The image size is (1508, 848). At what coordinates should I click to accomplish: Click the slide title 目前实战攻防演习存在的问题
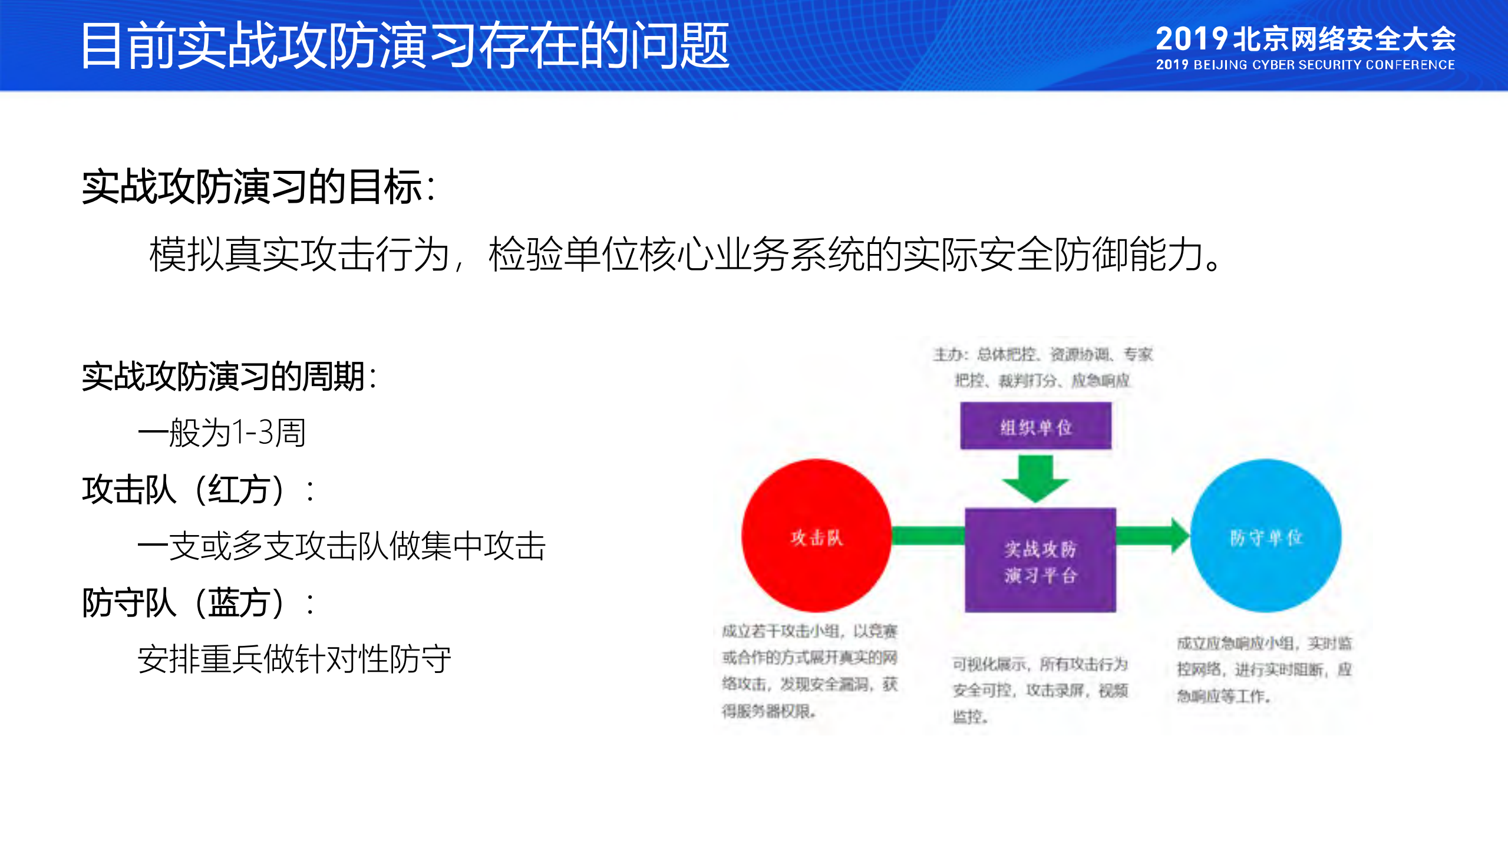tap(405, 45)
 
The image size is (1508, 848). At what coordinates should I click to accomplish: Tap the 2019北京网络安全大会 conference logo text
tap(1305, 39)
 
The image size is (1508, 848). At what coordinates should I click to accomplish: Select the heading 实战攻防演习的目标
tap(258, 187)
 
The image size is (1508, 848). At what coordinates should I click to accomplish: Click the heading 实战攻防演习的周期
tap(229, 376)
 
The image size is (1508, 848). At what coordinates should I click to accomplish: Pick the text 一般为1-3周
tap(222, 433)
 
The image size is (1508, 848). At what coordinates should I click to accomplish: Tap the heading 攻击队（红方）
tap(197, 489)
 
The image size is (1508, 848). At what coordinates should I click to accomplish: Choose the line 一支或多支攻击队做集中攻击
tap(342, 546)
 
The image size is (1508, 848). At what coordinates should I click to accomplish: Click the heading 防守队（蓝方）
tap(197, 602)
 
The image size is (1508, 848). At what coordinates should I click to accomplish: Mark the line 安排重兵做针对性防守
tap(295, 659)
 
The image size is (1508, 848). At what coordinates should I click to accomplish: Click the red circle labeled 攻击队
tap(816, 536)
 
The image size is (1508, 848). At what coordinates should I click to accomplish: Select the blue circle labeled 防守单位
tap(1266, 536)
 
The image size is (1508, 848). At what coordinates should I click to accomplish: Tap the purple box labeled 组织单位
tap(1035, 426)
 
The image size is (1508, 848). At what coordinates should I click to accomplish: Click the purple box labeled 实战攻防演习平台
tap(1040, 560)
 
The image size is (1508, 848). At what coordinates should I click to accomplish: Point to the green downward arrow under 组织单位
tap(1035, 477)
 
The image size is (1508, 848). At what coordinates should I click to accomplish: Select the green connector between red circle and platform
tap(928, 535)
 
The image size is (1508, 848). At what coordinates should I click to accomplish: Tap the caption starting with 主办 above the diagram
tap(1042, 367)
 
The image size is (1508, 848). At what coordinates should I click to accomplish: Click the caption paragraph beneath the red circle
tap(810, 671)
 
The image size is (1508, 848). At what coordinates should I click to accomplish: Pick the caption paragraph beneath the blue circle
tap(1265, 669)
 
